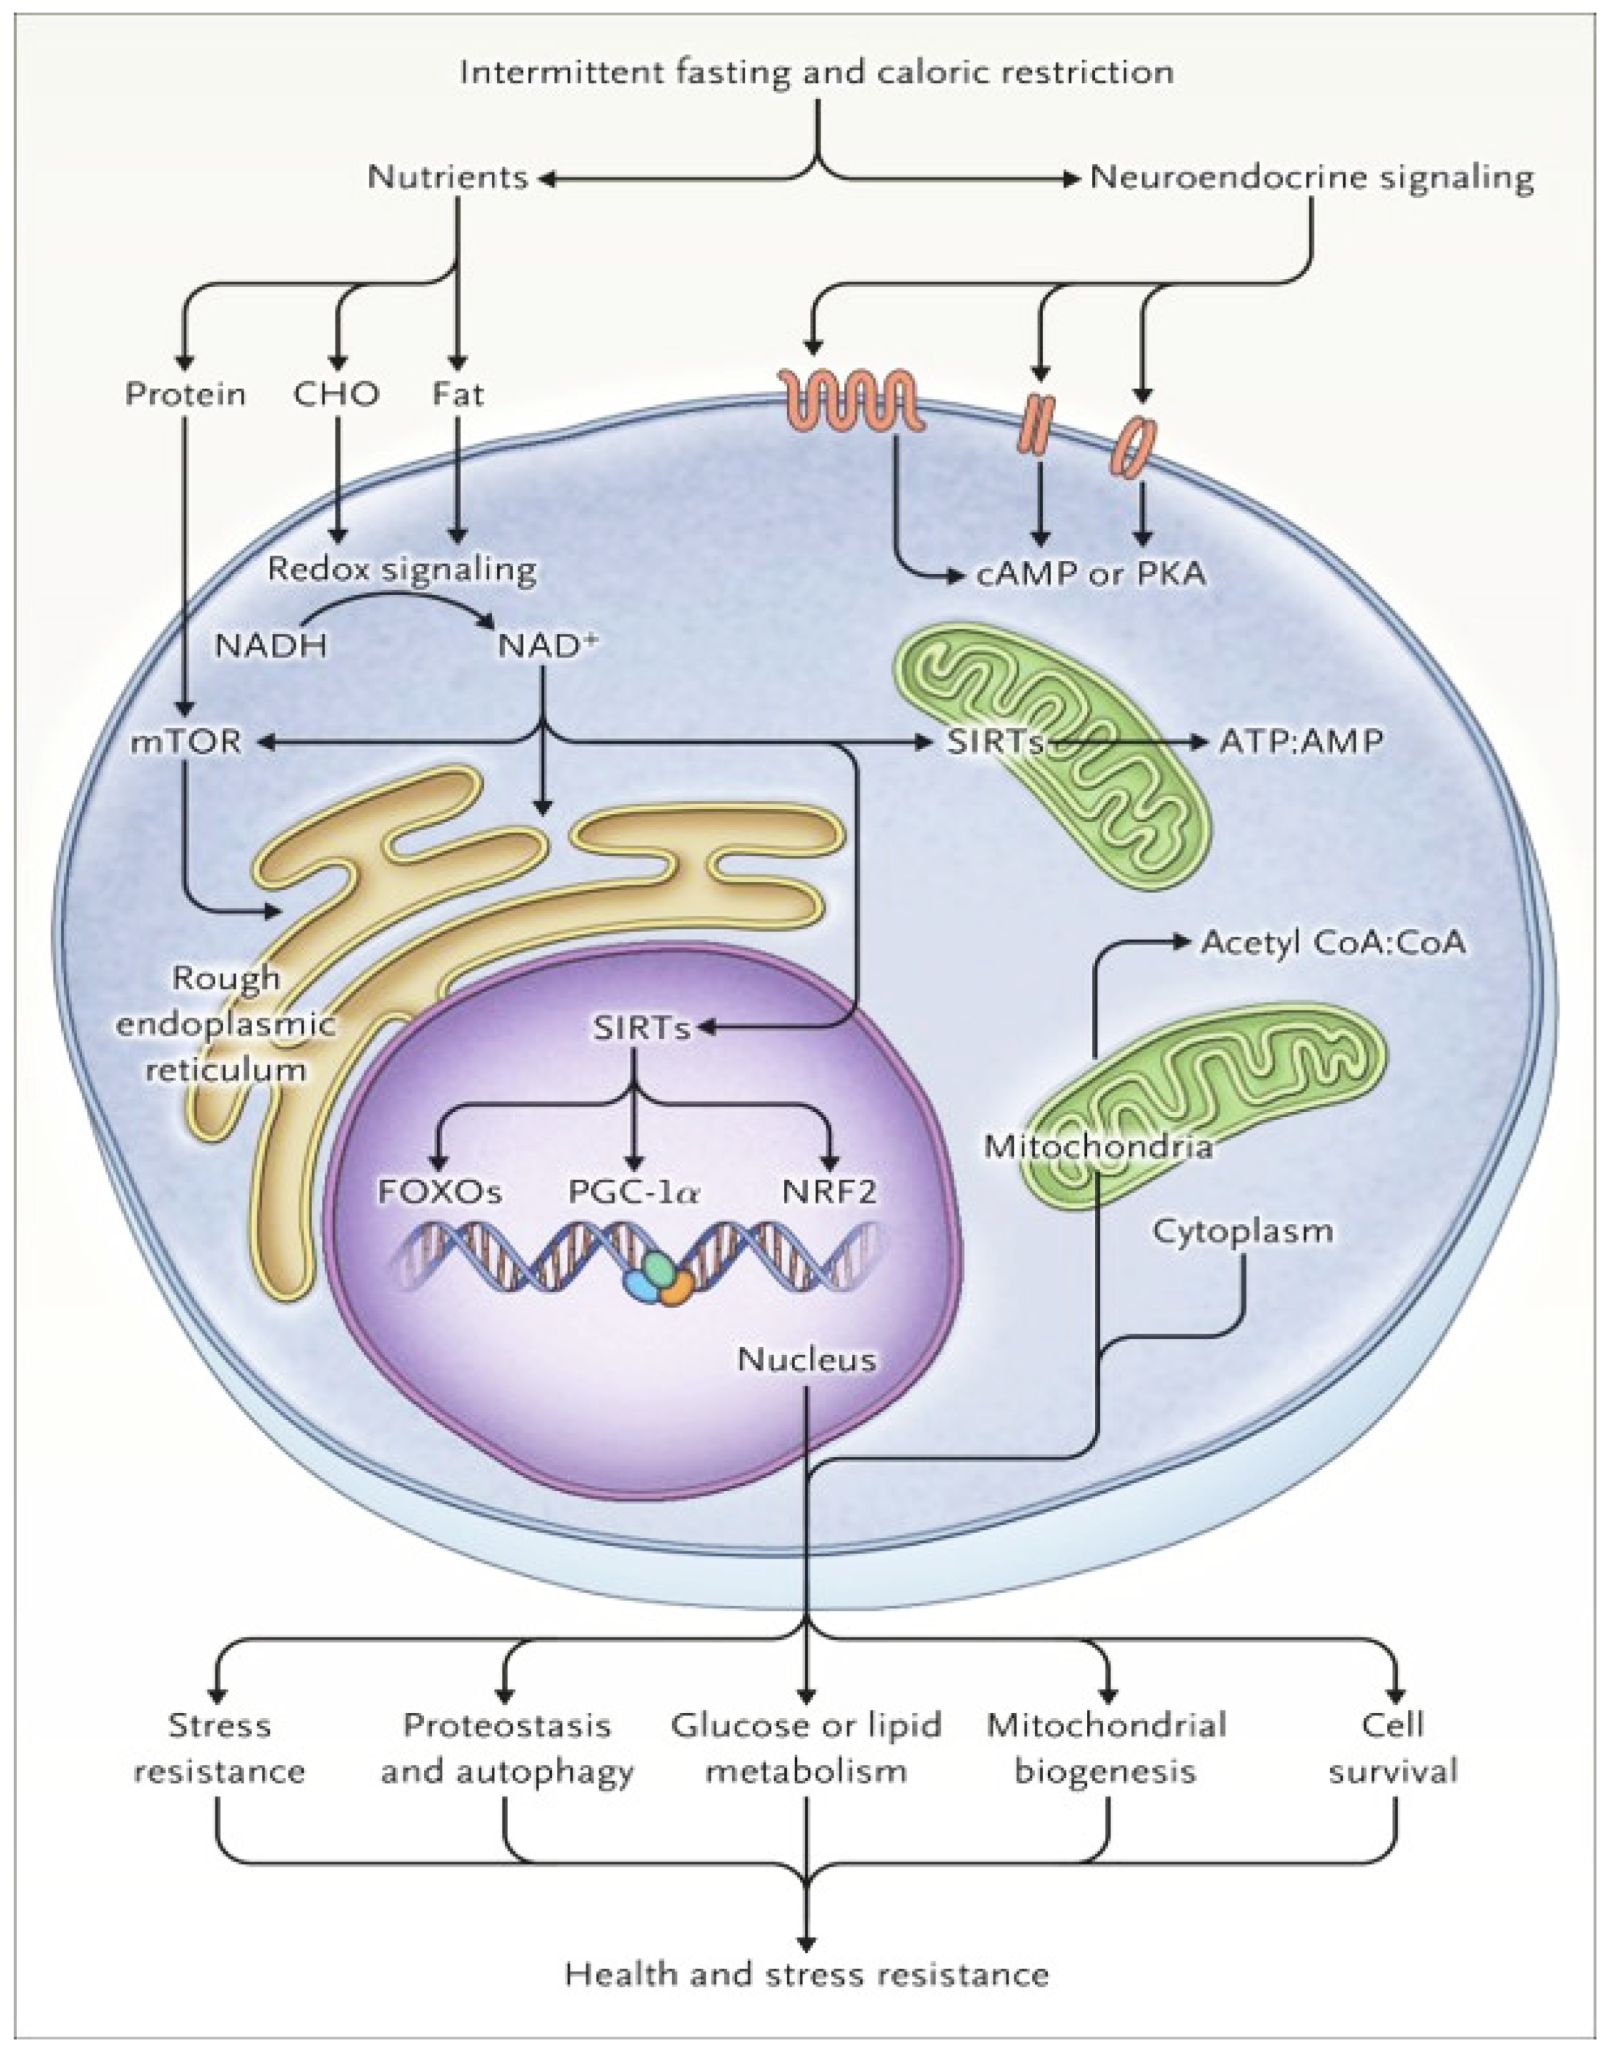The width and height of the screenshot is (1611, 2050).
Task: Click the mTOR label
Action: [x=186, y=741]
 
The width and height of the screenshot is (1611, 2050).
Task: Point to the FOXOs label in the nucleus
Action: [x=440, y=1192]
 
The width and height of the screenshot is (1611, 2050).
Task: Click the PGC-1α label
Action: [x=634, y=1192]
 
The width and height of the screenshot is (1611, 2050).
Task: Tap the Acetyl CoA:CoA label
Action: [x=1333, y=942]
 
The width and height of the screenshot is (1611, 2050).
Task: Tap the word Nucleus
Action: [x=806, y=1359]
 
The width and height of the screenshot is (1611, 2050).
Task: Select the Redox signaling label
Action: [x=402, y=569]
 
